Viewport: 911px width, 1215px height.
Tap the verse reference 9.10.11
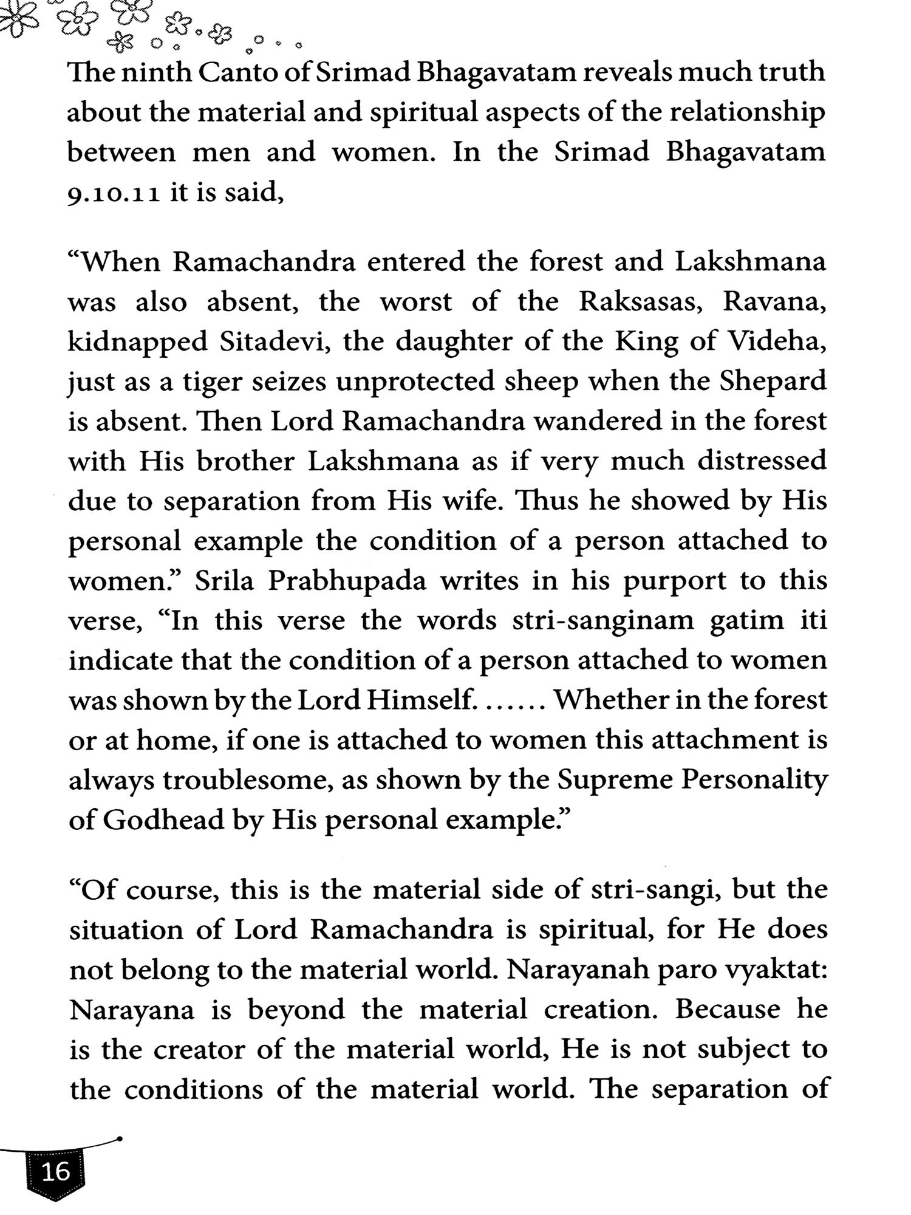(114, 194)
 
